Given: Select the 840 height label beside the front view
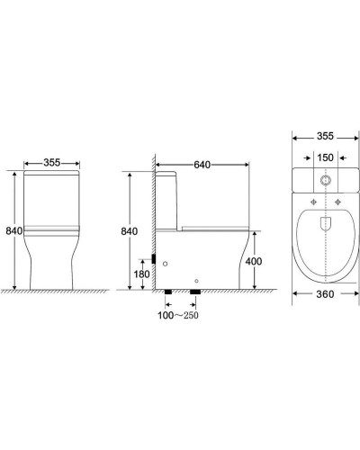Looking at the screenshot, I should [13, 230].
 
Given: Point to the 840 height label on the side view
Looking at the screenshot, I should [129, 230].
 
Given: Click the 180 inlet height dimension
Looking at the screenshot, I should [141, 274].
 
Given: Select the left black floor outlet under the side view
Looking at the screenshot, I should [170, 292].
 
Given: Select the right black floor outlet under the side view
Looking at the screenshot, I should [193, 292].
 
